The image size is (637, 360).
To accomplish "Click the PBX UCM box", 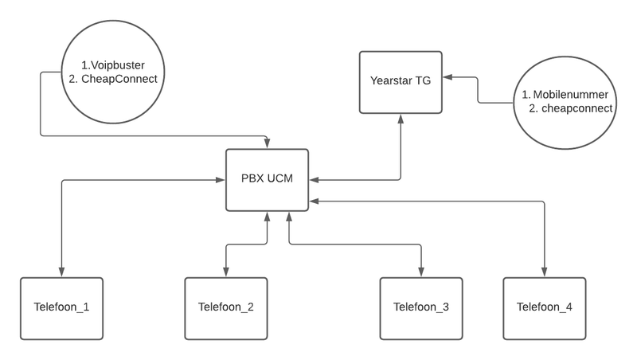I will click(x=267, y=179).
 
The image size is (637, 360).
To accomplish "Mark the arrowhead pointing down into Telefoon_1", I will click(x=61, y=272).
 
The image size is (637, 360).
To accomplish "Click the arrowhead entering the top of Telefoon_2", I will click(x=226, y=272).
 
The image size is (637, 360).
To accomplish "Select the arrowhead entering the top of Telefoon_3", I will click(x=421, y=272).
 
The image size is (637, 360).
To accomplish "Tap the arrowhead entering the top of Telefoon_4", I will click(x=545, y=272).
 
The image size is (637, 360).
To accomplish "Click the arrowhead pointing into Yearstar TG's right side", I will click(x=447, y=77).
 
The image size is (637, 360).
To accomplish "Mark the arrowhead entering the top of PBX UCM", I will click(x=267, y=144).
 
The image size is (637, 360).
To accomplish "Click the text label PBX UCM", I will click(x=267, y=179).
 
